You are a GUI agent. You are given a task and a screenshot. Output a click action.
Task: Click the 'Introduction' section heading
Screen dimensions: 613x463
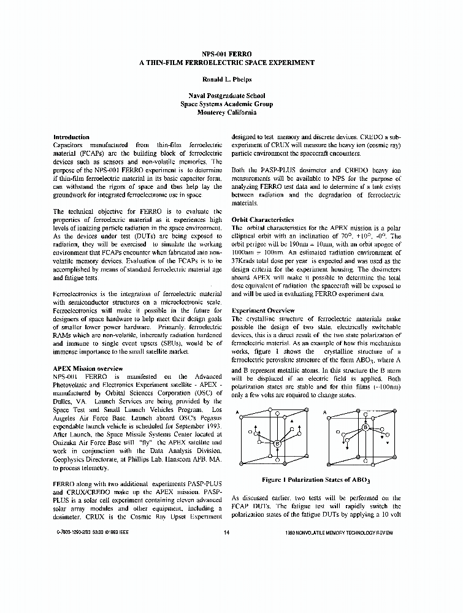coord(71,137)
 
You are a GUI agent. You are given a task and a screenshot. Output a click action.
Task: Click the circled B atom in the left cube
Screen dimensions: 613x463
coord(277,443)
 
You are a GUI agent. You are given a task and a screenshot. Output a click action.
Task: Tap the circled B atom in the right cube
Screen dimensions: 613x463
coord(365,427)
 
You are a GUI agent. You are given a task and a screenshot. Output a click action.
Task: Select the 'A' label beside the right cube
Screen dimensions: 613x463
coord(324,413)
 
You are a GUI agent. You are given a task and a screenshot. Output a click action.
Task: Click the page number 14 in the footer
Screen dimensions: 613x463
coord(227,533)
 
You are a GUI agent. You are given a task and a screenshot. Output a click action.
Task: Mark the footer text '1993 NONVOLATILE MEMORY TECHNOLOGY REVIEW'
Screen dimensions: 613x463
coord(339,533)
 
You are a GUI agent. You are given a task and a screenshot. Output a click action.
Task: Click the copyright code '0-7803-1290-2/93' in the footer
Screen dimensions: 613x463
coord(77,533)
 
